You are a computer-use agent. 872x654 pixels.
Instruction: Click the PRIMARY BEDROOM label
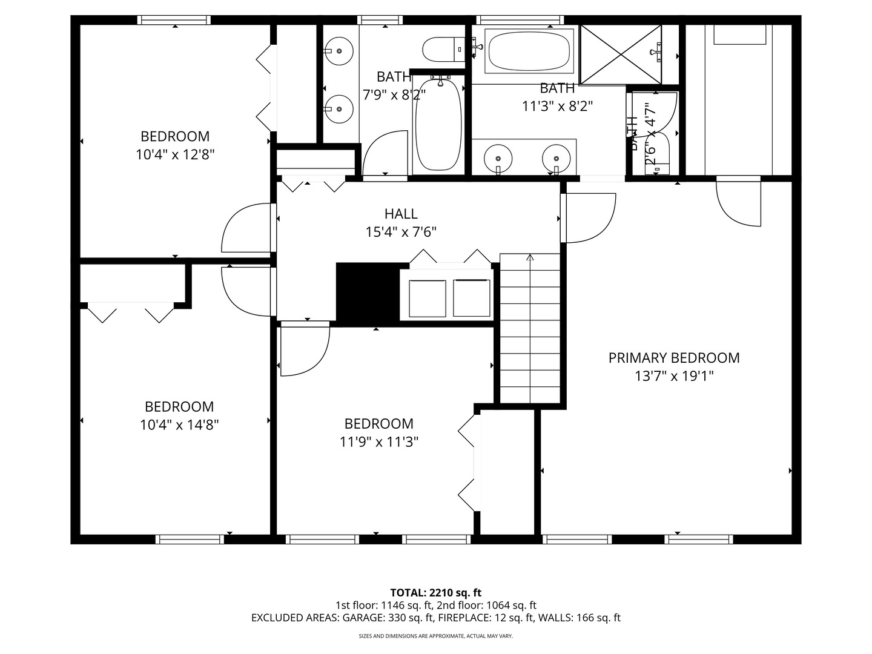673,358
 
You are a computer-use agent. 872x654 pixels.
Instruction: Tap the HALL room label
400,214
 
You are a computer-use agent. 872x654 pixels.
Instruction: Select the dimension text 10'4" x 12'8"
175,154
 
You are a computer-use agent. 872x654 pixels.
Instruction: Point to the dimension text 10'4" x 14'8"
179,424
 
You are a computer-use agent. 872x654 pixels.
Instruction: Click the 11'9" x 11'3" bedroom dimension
379,441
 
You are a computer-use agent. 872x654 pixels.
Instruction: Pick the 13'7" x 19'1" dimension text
673,376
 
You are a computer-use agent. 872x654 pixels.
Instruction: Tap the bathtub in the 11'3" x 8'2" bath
529,51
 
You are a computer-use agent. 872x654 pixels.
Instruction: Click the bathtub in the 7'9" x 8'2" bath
438,125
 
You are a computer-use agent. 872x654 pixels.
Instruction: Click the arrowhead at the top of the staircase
530,257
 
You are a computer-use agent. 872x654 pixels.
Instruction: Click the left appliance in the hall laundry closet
428,298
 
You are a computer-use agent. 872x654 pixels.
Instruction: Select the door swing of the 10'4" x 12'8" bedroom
248,229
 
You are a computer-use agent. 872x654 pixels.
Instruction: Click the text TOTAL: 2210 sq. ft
435,592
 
